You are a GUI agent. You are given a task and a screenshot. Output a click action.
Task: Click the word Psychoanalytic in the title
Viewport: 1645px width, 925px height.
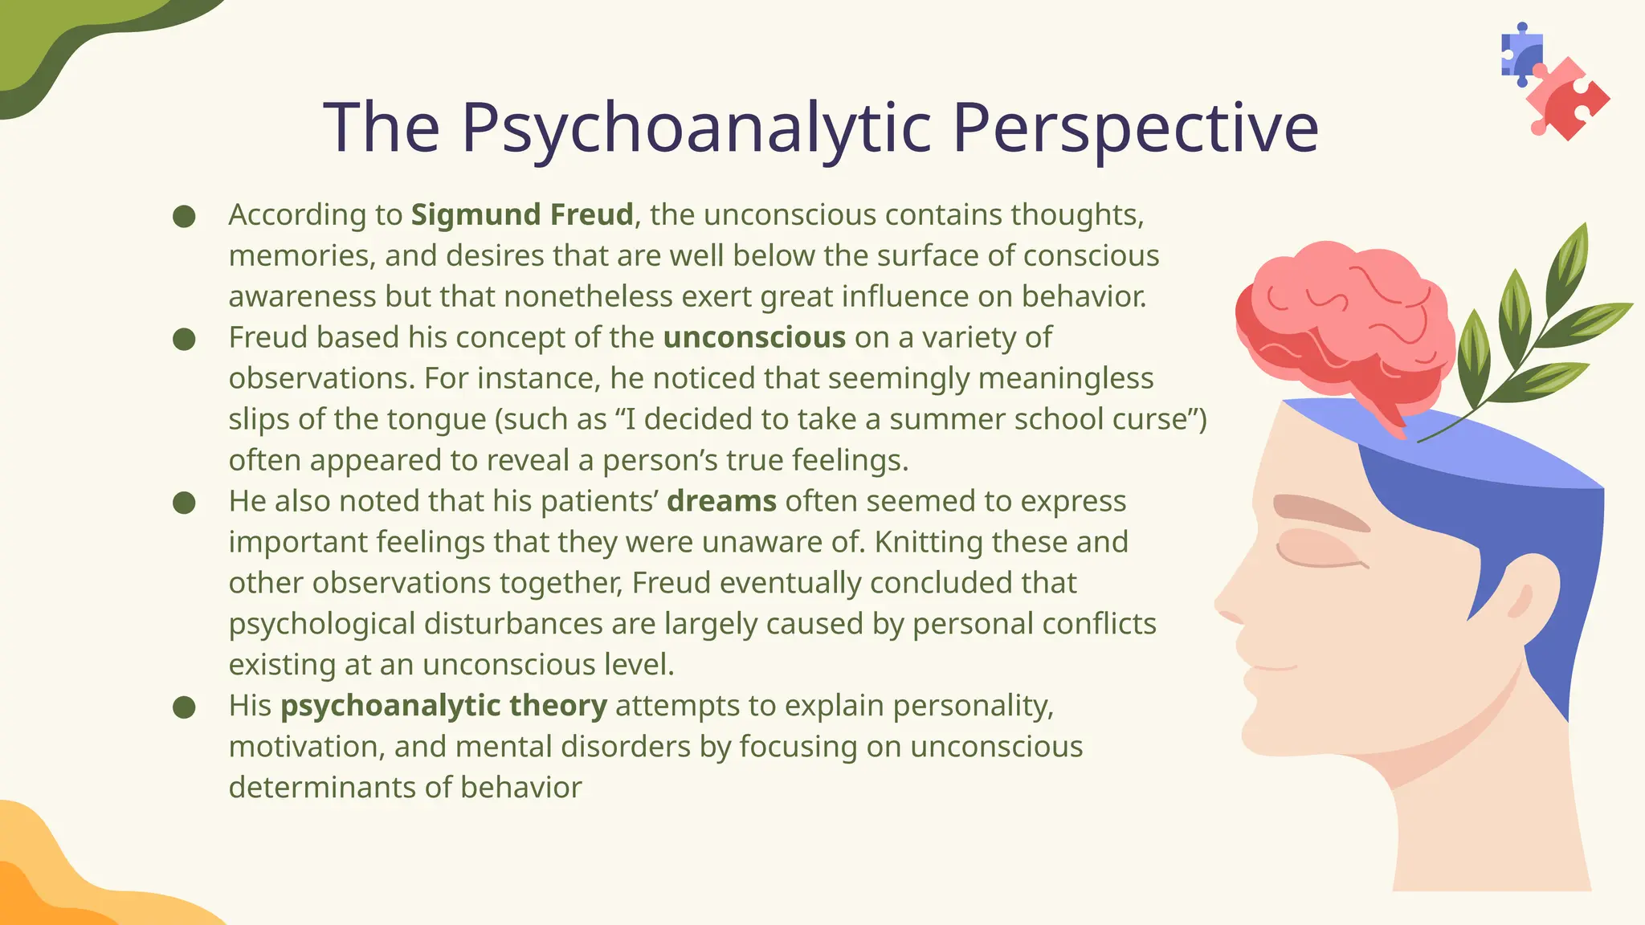(696, 128)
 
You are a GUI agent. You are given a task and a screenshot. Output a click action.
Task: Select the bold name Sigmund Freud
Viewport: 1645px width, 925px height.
(522, 215)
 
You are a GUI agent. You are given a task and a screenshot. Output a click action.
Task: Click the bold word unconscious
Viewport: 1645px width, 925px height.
(754, 338)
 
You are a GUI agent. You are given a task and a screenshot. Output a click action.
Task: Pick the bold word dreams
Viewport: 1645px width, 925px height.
(721, 501)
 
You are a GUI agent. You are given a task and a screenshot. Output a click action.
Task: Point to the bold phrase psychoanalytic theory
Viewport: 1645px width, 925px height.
(443, 706)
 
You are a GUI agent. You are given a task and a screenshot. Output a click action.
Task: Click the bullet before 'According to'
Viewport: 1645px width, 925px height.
(184, 216)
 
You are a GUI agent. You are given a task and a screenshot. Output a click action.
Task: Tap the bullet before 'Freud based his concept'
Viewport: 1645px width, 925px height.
(184, 339)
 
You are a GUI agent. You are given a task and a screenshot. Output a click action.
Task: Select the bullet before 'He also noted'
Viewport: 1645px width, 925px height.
(184, 503)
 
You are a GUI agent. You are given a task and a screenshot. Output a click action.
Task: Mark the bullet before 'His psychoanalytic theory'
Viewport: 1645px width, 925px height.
(184, 707)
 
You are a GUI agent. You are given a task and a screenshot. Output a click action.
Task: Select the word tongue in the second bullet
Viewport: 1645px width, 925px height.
(436, 419)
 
